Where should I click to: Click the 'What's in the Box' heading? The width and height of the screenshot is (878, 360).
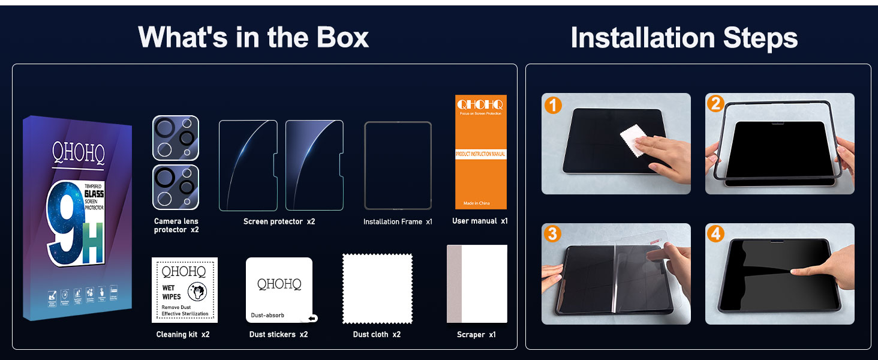[x=253, y=37]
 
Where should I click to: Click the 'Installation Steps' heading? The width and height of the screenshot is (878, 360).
[x=684, y=38]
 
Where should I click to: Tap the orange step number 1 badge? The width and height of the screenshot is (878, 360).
[x=552, y=105]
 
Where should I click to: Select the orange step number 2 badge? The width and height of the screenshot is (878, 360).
[x=715, y=104]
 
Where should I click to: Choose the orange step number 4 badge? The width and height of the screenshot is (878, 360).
[x=715, y=233]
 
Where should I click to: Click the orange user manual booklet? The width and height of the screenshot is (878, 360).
[x=480, y=152]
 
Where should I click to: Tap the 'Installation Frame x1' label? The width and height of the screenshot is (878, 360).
[x=398, y=222]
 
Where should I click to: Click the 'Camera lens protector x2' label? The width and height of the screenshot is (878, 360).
[x=176, y=226]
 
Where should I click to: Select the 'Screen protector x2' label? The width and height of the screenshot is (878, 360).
[x=279, y=221]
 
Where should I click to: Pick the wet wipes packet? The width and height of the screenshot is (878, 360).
[x=185, y=290]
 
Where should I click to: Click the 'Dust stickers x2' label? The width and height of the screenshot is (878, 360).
[x=278, y=334]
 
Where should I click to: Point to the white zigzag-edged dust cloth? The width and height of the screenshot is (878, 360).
[x=377, y=289]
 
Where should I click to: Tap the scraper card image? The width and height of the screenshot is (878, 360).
[x=477, y=284]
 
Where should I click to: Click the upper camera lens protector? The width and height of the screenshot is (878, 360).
[x=176, y=138]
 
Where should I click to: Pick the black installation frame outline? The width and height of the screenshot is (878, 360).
[x=398, y=166]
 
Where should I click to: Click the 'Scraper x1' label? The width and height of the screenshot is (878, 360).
[x=476, y=334]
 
